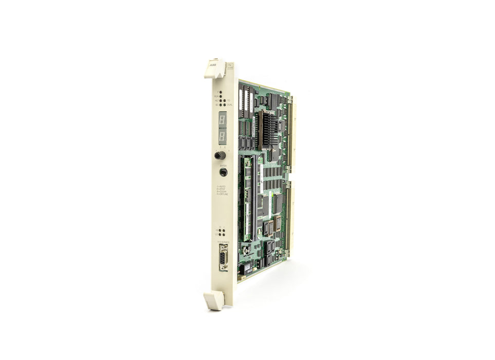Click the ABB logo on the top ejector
pyautogui.click(x=212, y=66)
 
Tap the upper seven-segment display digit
pyautogui.click(x=223, y=119)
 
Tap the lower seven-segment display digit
pyautogui.click(x=223, y=136)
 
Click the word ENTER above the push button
pyautogui.click(x=223, y=166)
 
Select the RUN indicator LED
pyautogui.click(x=221, y=96)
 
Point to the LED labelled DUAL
pyautogui.click(x=225, y=104)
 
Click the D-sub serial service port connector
pyautogui.click(x=223, y=257)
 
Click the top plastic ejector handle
pyautogui.click(x=216, y=69)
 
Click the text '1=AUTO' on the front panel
pyautogui.click(x=222, y=186)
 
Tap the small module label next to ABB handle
pyautogui.click(x=231, y=66)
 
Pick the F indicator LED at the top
pyautogui.click(x=221, y=93)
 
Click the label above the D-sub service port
pyautogui.click(x=223, y=241)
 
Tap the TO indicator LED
pyautogui.click(x=225, y=100)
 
